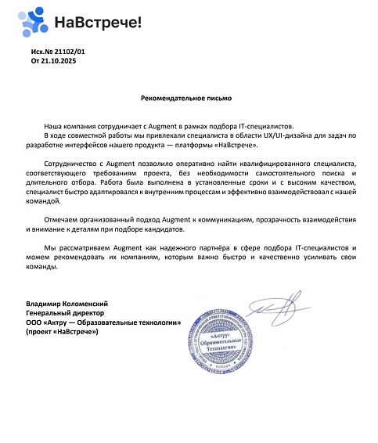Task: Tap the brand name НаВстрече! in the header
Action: pos(99,23)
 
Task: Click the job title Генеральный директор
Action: pos(59,312)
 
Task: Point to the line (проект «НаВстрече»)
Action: pos(62,332)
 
